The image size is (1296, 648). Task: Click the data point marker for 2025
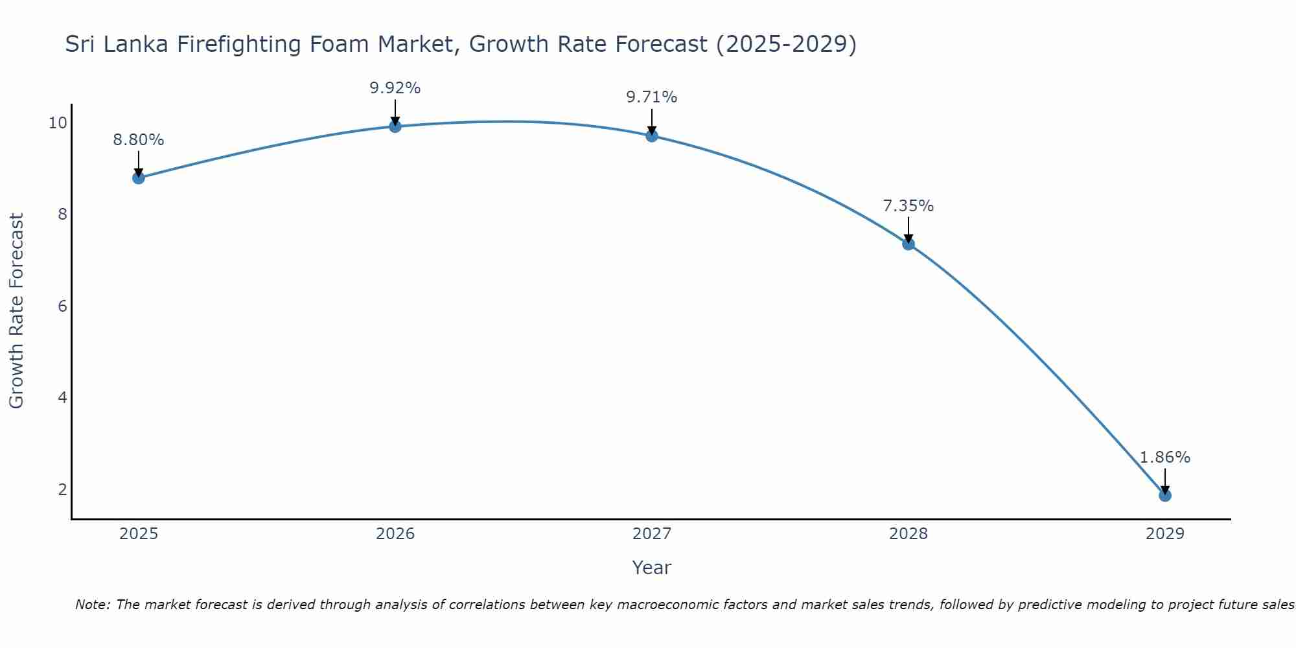(139, 178)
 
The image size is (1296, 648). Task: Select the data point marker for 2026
(395, 126)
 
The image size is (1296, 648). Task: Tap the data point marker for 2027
(652, 135)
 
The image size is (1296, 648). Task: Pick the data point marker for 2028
(908, 244)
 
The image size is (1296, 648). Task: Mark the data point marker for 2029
(1164, 495)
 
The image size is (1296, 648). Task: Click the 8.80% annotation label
(139, 140)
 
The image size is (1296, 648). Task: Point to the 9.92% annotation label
(395, 88)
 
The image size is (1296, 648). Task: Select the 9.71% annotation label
(652, 97)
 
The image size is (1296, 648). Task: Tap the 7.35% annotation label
(908, 206)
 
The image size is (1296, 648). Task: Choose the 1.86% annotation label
(1164, 457)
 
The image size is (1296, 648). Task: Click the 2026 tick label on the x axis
(395, 534)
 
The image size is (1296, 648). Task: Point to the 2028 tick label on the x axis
(908, 534)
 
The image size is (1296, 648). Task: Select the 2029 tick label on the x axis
(1164, 534)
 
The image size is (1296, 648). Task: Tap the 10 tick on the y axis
(58, 123)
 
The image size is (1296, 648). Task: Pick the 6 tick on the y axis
(62, 306)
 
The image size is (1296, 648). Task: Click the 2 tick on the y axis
(62, 489)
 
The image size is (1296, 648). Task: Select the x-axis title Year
(652, 568)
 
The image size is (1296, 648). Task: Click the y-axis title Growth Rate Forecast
(17, 311)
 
